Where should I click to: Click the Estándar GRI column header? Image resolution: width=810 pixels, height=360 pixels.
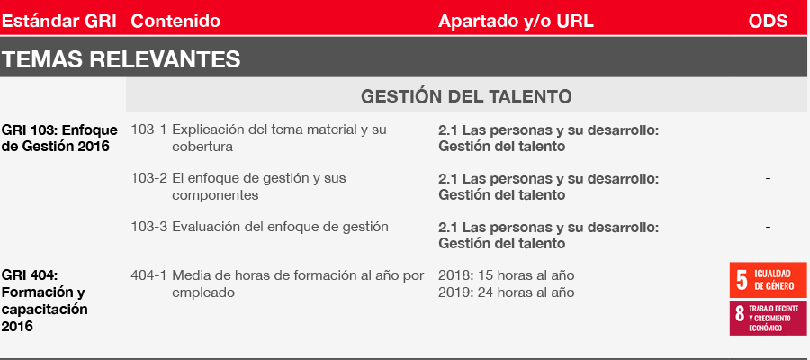click(x=59, y=21)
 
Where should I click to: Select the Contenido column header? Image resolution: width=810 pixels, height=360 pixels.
click(x=175, y=21)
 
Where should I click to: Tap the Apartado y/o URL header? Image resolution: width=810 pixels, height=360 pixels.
click(x=516, y=22)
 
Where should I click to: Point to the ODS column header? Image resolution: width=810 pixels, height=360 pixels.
click(x=769, y=21)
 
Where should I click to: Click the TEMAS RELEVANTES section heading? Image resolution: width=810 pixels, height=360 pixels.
click(x=121, y=59)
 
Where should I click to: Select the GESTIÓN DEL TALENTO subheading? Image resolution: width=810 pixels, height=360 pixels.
click(x=466, y=96)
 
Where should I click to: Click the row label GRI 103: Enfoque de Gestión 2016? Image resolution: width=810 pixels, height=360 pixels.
click(x=59, y=138)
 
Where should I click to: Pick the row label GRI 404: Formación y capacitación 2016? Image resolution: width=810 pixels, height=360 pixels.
click(x=44, y=301)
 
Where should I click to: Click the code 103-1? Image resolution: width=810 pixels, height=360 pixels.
click(x=148, y=130)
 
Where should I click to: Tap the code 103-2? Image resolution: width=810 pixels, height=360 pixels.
click(x=148, y=178)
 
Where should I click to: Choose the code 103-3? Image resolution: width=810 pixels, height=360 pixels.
click(x=148, y=227)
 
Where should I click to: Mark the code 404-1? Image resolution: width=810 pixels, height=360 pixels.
click(x=148, y=275)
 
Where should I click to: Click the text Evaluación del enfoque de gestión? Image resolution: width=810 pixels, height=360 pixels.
click(x=281, y=228)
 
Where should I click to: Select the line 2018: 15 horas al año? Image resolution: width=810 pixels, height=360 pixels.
click(x=506, y=275)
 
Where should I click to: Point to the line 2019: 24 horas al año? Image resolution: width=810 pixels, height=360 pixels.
click(x=506, y=292)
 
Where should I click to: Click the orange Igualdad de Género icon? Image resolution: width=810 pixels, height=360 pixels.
click(x=769, y=280)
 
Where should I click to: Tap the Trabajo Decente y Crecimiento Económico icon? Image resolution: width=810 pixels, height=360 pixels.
click(x=769, y=319)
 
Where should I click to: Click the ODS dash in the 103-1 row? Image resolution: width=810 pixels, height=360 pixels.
click(x=769, y=130)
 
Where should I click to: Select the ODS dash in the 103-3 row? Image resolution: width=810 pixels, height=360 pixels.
click(x=769, y=228)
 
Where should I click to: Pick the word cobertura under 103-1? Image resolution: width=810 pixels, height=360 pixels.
click(x=202, y=147)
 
